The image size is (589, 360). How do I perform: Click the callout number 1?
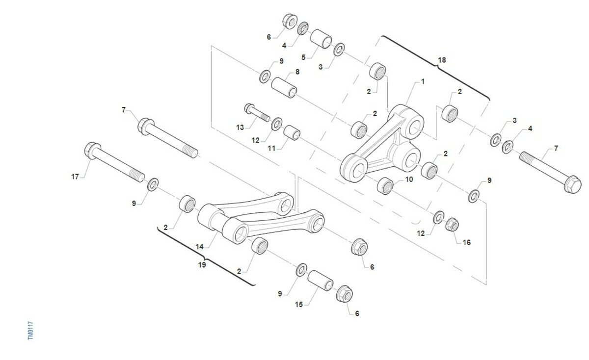pyautogui.click(x=423, y=82)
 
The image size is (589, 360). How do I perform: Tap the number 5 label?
pyautogui.click(x=303, y=57)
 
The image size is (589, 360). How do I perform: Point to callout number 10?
pyautogui.click(x=409, y=180)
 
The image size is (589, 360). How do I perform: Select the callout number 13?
pyautogui.click(x=240, y=128)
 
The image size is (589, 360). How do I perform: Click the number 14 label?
pyautogui.click(x=200, y=247)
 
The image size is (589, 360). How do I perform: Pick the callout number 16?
pyautogui.click(x=467, y=242)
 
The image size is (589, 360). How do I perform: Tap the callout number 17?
pyautogui.click(x=75, y=177)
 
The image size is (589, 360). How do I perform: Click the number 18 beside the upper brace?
pyautogui.click(x=442, y=60)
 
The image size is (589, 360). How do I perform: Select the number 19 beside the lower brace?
pyautogui.click(x=202, y=265)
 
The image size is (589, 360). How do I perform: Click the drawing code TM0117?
pyautogui.click(x=30, y=330)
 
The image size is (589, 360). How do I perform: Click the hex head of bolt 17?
pyautogui.click(x=92, y=150)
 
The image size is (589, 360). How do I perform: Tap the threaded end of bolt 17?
pyautogui.click(x=137, y=176)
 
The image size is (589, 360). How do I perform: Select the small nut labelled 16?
pyautogui.click(x=452, y=225)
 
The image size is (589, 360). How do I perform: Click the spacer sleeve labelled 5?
pyautogui.click(x=321, y=39)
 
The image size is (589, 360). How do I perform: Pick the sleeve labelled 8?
pyautogui.click(x=284, y=87)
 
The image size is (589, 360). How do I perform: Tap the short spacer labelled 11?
pyautogui.click(x=292, y=133)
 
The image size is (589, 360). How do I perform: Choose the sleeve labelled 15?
pyautogui.click(x=320, y=281)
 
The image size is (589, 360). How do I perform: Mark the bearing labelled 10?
pyautogui.click(x=385, y=186)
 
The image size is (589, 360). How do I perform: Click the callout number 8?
pyautogui.click(x=297, y=72)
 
